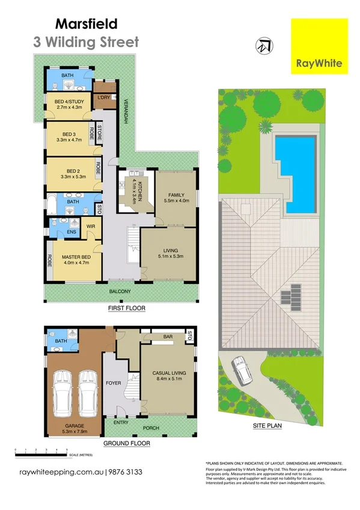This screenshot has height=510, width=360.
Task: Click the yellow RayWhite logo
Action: coord(319,46)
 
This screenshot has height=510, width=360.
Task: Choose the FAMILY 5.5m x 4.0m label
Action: coord(176,198)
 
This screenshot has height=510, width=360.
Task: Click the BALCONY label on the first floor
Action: coord(120,292)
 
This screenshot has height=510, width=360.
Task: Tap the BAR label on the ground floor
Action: coord(168,337)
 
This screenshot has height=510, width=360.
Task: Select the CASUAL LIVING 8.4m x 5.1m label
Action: coord(169,376)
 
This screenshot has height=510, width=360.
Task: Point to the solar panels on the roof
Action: coord(295,295)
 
